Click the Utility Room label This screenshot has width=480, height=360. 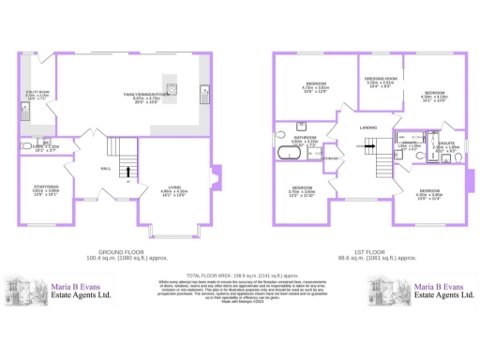click(x=37, y=94)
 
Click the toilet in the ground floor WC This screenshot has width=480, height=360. click(x=26, y=145)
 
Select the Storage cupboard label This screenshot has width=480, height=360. click(x=330, y=158)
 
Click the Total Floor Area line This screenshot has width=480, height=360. click(x=241, y=265)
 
